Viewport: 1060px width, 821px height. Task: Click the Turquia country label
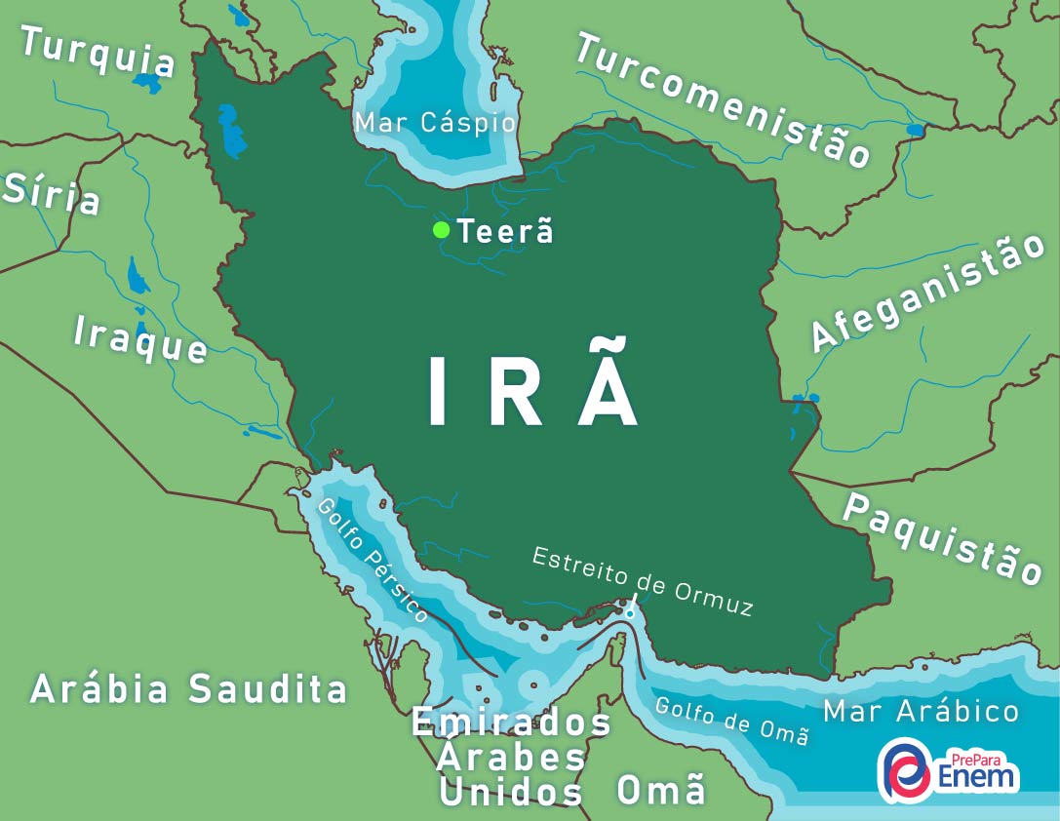pos(98,52)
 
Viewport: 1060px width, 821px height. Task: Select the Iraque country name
pos(140,339)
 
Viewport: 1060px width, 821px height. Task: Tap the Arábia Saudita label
pos(188,688)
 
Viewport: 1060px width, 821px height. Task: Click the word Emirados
pos(511,723)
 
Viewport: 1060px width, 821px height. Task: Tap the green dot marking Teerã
pos(441,230)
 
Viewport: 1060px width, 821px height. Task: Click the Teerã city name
pos(505,232)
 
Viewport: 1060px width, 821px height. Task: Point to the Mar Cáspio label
pos(435,123)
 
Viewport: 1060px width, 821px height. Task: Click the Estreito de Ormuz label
pos(643,581)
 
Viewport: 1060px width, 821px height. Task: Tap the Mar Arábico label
pos(921,711)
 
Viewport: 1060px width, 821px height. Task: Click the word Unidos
pos(511,792)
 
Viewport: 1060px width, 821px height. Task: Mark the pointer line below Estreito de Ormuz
pos(632,606)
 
